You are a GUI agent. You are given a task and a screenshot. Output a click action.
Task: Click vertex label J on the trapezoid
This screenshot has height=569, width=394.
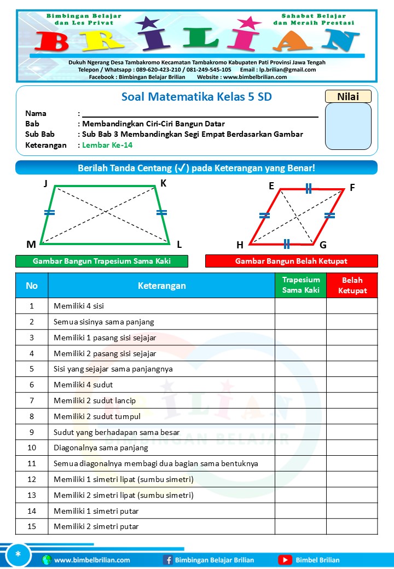(x=45, y=184)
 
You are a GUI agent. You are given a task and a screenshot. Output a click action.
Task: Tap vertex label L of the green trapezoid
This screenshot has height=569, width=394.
(x=179, y=244)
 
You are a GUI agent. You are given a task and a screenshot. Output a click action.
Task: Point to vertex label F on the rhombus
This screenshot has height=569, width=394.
(x=352, y=188)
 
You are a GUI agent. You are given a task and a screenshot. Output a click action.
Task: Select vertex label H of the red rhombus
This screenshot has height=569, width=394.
(x=240, y=245)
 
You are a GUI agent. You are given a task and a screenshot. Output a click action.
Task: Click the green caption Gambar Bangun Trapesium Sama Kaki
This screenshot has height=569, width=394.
(x=102, y=261)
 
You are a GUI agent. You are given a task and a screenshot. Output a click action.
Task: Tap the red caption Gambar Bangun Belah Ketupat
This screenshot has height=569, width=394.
(x=291, y=261)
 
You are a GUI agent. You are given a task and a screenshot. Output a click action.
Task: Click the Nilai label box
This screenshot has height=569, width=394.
(x=348, y=96)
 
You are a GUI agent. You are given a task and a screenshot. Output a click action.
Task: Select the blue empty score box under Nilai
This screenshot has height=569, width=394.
(x=348, y=126)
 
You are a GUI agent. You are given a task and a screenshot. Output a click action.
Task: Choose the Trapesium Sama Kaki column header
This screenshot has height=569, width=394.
(x=300, y=285)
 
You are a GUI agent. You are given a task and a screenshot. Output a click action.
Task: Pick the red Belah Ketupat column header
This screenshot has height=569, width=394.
(x=352, y=285)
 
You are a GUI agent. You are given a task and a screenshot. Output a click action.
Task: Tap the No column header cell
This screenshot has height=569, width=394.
(x=32, y=285)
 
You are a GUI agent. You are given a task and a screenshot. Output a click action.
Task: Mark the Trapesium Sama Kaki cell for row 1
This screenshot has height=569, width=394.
(x=300, y=306)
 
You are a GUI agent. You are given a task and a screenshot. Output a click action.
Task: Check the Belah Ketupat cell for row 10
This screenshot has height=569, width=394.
(x=352, y=448)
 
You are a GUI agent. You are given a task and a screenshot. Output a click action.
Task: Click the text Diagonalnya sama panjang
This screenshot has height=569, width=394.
(x=101, y=448)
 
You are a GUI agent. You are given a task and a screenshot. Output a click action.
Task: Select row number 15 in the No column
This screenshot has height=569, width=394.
(x=32, y=526)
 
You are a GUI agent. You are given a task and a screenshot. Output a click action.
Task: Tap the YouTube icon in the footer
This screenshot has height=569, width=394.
(x=285, y=560)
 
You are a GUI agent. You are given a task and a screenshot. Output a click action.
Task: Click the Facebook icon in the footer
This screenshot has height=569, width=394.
(x=168, y=560)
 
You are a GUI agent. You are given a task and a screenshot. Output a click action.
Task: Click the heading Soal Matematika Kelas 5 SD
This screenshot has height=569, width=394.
(x=196, y=97)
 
